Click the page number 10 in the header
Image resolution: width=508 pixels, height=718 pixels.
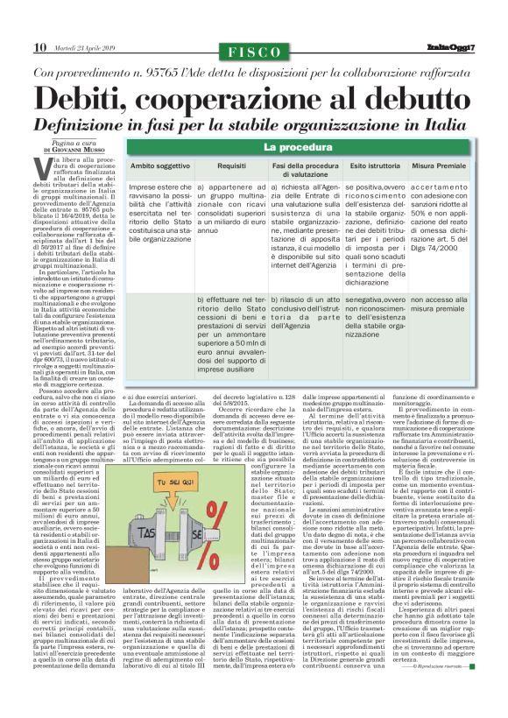[39, 46]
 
